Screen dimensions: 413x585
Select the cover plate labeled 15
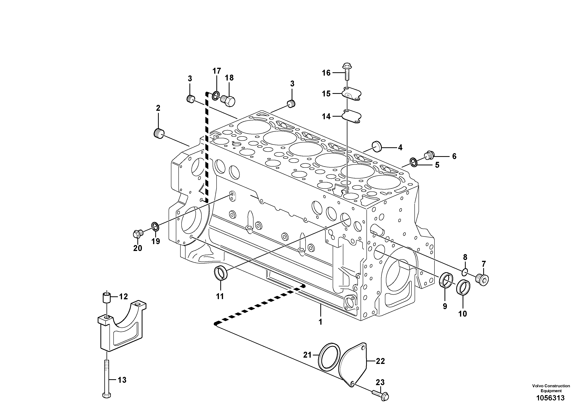click(x=353, y=94)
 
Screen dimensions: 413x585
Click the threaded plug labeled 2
click(x=159, y=133)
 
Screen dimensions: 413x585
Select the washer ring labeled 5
click(x=413, y=162)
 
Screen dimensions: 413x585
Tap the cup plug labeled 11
click(x=220, y=273)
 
